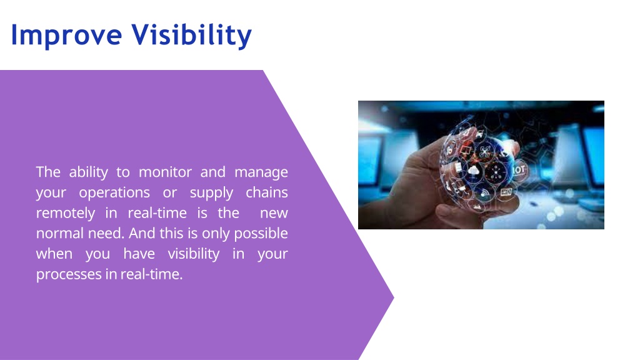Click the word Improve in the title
(66, 36)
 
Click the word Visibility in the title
(191, 36)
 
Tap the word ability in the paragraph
(89, 172)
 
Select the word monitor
(165, 172)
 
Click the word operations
(114, 192)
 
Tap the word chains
(267, 192)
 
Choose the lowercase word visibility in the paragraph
(194, 254)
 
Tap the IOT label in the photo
(519, 169)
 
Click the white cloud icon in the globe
(474, 171)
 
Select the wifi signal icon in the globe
(484, 192)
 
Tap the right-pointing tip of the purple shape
(394, 297)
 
